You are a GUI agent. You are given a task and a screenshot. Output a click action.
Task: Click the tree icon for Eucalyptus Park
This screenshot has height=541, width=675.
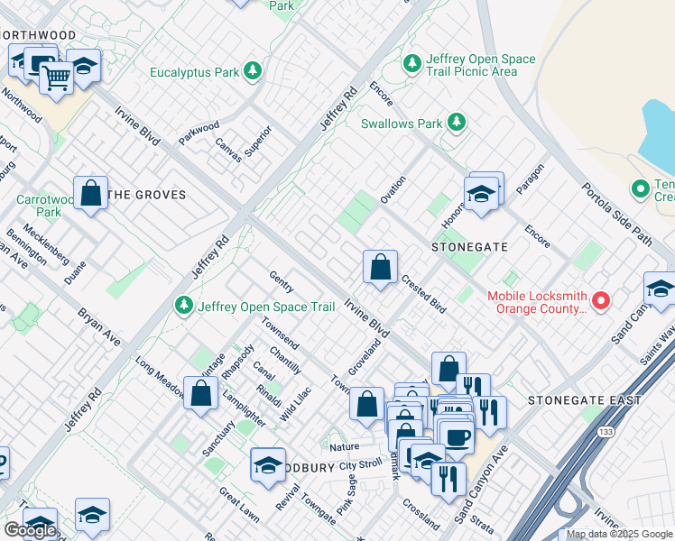tap(254, 70)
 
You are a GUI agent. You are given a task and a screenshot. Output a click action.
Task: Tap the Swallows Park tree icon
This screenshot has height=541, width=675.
tap(458, 122)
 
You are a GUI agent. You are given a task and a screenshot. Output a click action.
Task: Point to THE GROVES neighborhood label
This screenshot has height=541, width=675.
tap(146, 194)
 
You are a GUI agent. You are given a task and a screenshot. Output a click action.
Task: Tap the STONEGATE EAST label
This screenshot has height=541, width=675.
tap(585, 399)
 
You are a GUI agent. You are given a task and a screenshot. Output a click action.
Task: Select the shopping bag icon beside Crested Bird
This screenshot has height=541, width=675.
tap(381, 267)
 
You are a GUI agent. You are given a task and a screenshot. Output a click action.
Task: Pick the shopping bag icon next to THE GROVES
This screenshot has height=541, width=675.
tap(90, 192)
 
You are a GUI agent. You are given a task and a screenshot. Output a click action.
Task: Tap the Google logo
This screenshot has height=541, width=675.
tap(29, 529)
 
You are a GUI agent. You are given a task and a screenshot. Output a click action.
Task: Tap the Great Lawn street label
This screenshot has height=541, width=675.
tap(239, 504)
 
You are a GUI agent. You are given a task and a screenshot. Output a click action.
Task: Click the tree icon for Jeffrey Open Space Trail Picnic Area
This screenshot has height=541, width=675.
tap(412, 63)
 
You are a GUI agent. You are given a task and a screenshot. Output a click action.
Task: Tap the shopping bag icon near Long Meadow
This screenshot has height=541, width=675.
tap(200, 392)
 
